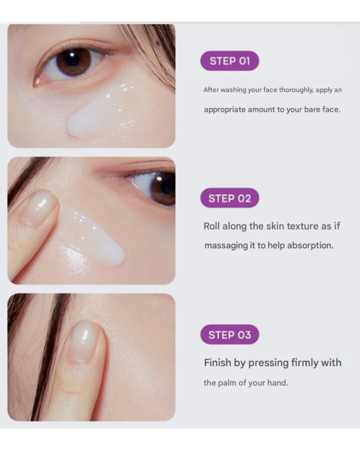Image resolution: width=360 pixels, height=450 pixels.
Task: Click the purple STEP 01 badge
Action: click(x=230, y=61)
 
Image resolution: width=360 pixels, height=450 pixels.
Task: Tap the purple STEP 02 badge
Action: click(x=230, y=198)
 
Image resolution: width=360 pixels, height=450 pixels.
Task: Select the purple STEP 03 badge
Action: click(x=230, y=335)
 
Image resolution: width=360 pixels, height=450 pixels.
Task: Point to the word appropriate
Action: click(x=225, y=110)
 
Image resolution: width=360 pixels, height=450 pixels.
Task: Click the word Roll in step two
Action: click(x=212, y=226)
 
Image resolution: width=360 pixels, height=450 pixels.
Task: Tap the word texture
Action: click(x=302, y=226)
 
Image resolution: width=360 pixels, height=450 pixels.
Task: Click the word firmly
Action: click(x=305, y=363)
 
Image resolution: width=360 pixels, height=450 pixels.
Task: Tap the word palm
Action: click(x=228, y=383)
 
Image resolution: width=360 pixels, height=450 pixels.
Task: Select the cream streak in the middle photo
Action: click(x=92, y=233)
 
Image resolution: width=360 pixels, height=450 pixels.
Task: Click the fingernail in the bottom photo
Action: click(x=83, y=341)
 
